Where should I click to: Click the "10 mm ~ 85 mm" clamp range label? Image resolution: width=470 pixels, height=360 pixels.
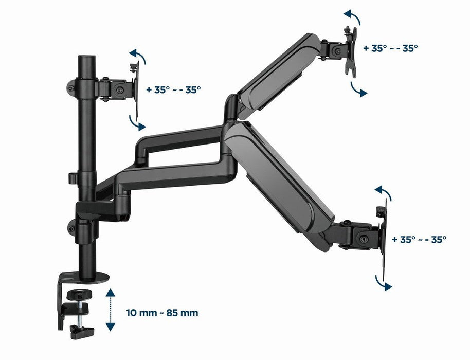162,312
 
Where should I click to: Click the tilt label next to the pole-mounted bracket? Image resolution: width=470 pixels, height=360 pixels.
173,89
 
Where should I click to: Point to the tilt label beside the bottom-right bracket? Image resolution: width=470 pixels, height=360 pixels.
419,239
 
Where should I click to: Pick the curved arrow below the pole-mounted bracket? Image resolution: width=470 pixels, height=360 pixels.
137,122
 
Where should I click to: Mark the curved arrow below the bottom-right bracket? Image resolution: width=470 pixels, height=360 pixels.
384,282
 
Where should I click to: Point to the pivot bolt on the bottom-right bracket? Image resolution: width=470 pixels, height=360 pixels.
364,239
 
